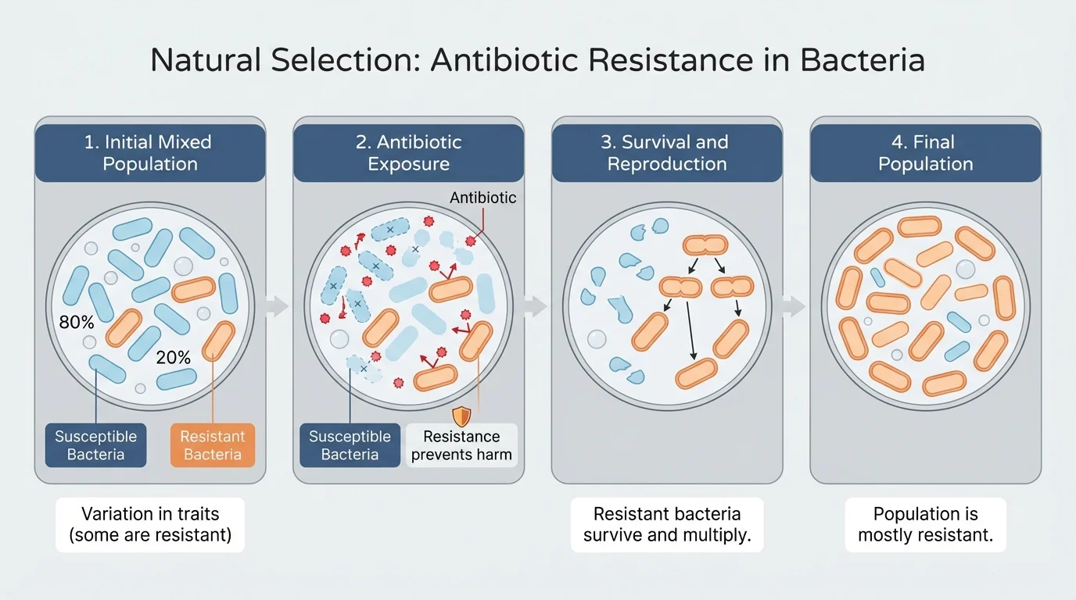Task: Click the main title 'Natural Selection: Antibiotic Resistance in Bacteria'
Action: click(537, 61)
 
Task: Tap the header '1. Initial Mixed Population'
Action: click(148, 153)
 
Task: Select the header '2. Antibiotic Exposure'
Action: click(408, 153)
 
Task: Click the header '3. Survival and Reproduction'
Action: click(667, 153)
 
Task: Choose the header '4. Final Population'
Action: click(925, 153)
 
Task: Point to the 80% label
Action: click(77, 322)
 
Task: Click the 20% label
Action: click(173, 358)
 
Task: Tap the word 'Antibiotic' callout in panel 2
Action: click(482, 198)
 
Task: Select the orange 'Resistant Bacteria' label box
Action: click(213, 445)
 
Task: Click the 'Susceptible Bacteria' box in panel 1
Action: click(95, 445)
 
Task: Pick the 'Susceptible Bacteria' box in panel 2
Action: click(350, 445)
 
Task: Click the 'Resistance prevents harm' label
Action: click(461, 445)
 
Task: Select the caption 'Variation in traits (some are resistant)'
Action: click(150, 525)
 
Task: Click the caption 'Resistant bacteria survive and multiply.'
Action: click(667, 525)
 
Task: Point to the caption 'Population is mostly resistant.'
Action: click(925, 525)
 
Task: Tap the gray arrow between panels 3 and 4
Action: click(794, 306)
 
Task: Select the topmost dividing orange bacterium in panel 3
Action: click(705, 245)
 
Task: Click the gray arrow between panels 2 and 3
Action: click(536, 306)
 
